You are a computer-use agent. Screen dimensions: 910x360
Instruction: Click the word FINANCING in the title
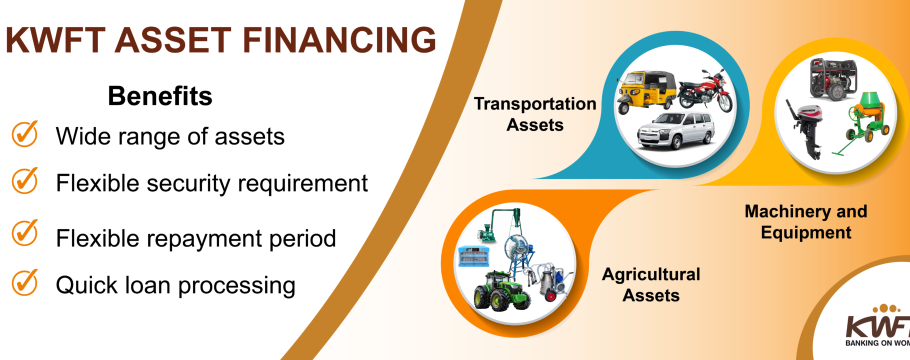click(339, 40)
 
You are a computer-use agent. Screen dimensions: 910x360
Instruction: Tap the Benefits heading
click(160, 95)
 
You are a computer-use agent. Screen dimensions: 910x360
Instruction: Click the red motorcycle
click(705, 91)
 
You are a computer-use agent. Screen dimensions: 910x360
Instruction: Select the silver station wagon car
click(675, 130)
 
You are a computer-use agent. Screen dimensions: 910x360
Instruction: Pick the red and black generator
click(833, 79)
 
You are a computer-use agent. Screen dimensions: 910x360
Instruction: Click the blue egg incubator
click(473, 256)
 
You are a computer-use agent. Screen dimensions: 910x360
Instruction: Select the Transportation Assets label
click(535, 114)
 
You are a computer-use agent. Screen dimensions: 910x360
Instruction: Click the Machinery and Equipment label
click(806, 222)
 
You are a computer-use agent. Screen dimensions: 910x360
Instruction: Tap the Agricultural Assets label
click(651, 285)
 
